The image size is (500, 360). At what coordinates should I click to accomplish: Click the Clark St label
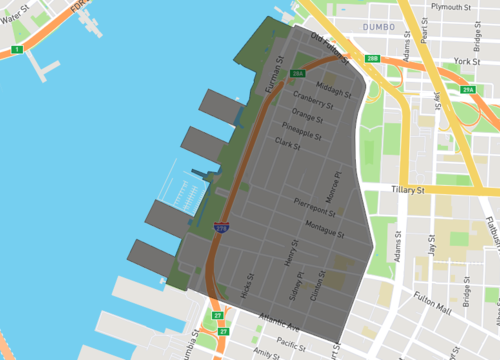coord(288,144)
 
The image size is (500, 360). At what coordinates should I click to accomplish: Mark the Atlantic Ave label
coord(279,327)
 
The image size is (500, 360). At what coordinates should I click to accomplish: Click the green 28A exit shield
coord(298,73)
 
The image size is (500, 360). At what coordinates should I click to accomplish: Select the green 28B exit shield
coord(373,60)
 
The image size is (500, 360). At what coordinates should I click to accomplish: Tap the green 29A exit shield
coord(468,90)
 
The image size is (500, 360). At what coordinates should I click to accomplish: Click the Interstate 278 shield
coord(222,229)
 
